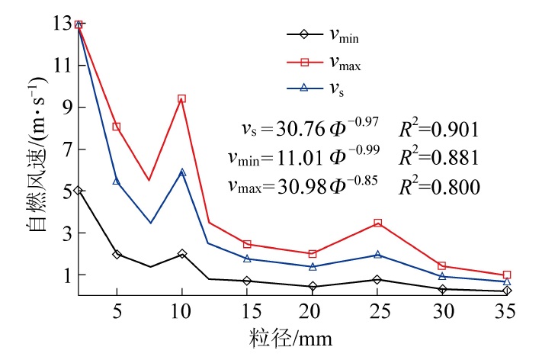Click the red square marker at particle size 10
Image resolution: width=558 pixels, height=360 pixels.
tap(181, 98)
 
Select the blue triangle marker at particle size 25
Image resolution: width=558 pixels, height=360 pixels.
tap(377, 255)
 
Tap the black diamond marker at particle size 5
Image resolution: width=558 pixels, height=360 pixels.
tap(117, 254)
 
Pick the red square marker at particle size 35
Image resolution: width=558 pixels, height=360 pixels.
tap(507, 275)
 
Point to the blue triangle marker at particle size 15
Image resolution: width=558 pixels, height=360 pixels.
tap(247, 259)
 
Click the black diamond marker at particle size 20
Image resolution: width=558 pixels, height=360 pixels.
tap(313, 287)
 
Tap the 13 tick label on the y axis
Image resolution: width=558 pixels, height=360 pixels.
tap(61, 24)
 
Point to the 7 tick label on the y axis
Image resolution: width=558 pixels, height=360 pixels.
tap(66, 149)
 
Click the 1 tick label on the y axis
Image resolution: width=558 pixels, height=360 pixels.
tap(66, 275)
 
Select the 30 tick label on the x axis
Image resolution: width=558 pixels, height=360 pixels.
tap(442, 312)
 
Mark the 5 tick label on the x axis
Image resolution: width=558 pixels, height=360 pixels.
tap(117, 312)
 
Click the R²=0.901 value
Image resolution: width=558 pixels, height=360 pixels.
tap(440, 127)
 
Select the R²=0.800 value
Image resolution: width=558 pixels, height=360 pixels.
tap(440, 185)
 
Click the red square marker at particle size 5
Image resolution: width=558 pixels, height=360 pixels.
tap(117, 127)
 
